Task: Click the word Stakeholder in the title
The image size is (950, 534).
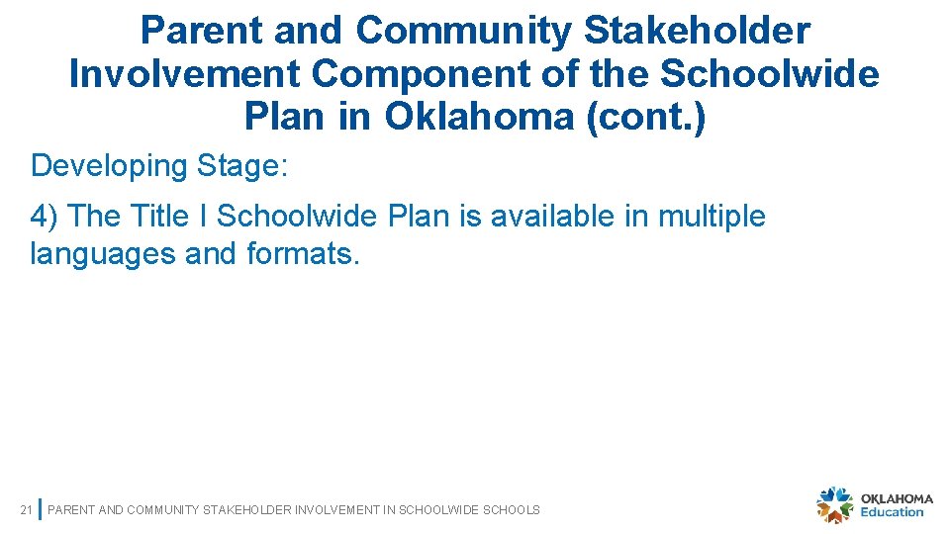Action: pos(697,31)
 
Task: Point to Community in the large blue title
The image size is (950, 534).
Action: pos(463,31)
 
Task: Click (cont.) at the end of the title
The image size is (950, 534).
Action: pos(645,118)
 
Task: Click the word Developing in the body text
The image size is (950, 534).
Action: pos(109,165)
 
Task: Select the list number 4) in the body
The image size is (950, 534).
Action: pos(47,216)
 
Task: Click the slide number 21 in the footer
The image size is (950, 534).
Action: pos(27,510)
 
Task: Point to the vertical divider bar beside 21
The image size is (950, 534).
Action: pos(39,509)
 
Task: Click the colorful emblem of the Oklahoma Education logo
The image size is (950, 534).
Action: pos(834,505)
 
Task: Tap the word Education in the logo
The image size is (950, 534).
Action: pos(892,512)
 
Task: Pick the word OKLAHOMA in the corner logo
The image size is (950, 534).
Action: pos(897,498)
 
